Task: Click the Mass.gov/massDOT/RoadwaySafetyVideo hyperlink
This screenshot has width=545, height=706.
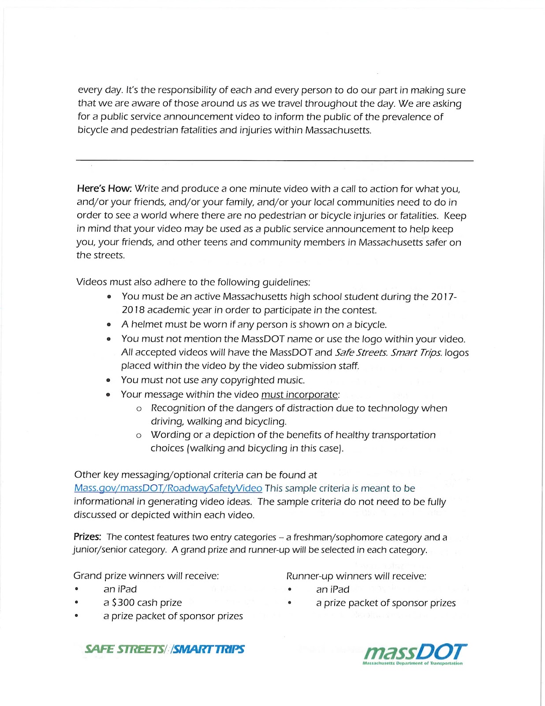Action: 168,488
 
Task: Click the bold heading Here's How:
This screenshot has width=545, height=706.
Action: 104,188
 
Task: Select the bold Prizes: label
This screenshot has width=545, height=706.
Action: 87,537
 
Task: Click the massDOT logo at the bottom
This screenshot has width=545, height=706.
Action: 414,653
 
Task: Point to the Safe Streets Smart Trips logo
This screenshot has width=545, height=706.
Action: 164,649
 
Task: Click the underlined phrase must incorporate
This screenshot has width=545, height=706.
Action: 299,394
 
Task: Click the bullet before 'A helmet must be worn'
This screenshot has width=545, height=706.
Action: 109,325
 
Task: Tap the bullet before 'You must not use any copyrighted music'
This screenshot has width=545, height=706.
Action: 109,380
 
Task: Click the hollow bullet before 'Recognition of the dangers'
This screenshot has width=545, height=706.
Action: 139,409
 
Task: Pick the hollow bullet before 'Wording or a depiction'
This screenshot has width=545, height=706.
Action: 139,436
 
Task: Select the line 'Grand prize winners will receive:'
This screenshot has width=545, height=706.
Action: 146,576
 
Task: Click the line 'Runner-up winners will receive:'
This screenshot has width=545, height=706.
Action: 356,576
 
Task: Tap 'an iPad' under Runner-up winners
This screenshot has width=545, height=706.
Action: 333,590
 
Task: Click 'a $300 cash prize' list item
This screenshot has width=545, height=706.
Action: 142,603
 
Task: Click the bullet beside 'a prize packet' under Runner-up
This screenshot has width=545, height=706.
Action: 290,603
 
